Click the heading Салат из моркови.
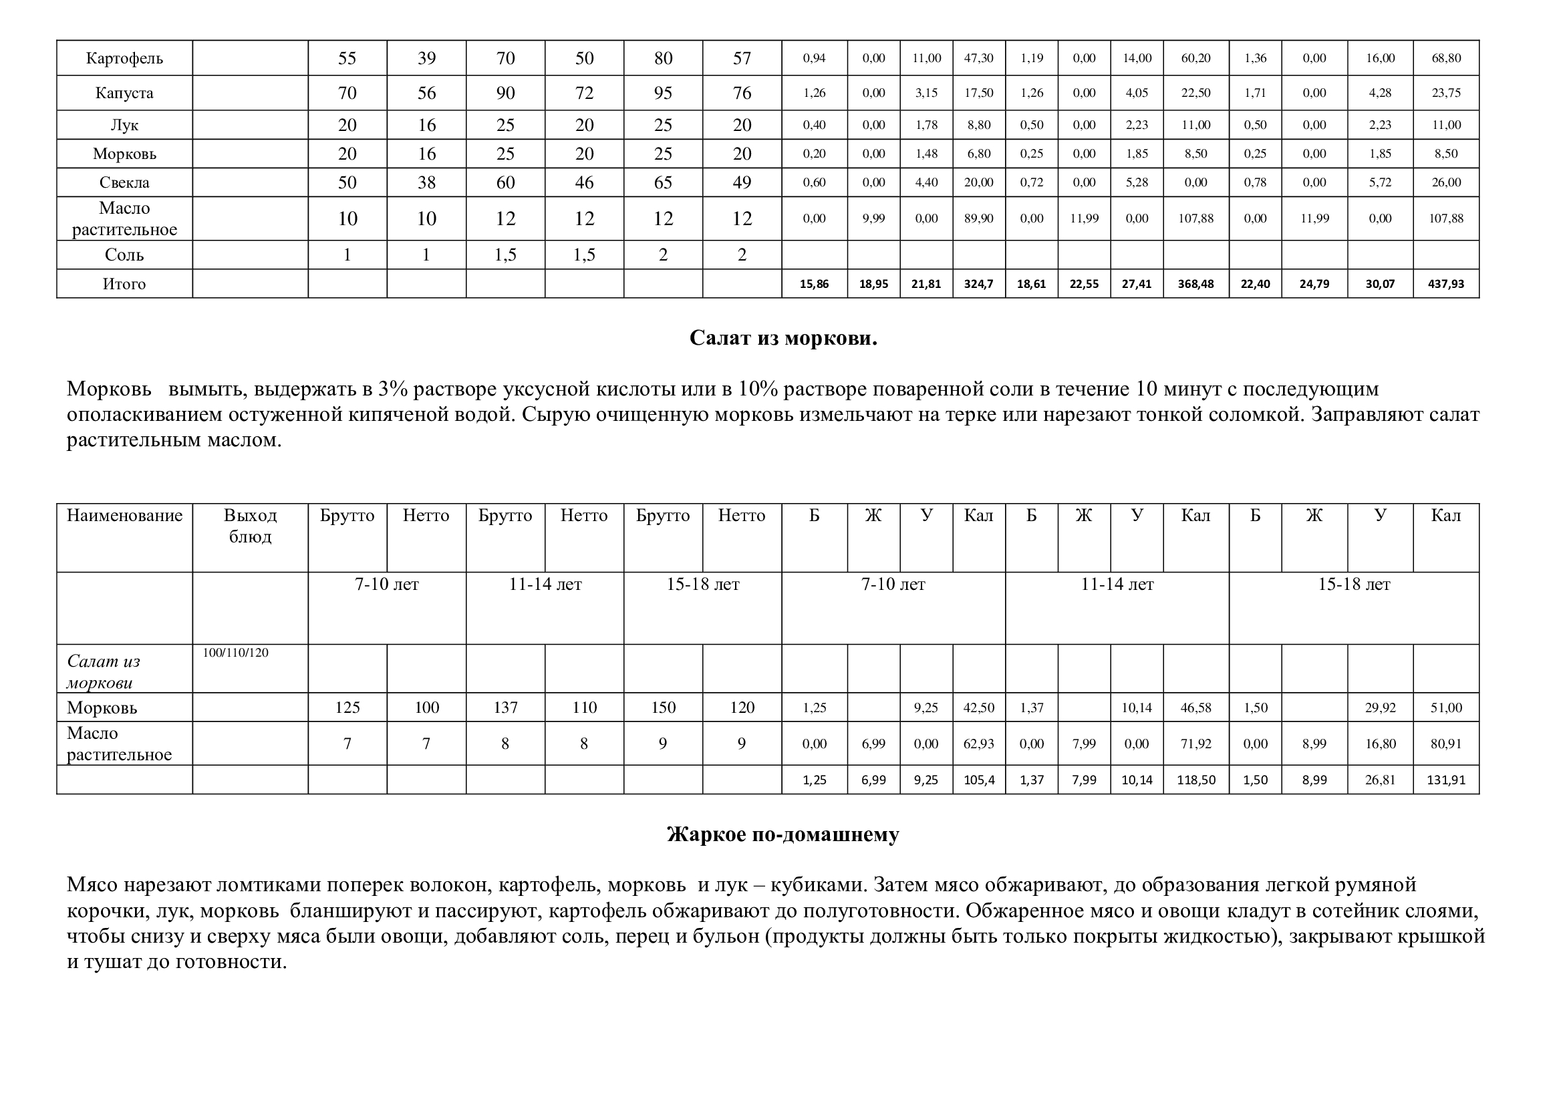(x=783, y=338)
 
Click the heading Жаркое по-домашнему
(x=783, y=834)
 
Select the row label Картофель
(x=124, y=58)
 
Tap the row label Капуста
(x=124, y=93)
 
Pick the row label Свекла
(x=124, y=182)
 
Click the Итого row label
(x=124, y=284)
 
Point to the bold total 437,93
(x=1446, y=284)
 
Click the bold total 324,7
(x=978, y=284)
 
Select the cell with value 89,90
(x=978, y=218)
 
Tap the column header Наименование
(x=124, y=516)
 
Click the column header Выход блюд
(x=250, y=526)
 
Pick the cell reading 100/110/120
(x=235, y=653)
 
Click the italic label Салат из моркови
(x=104, y=671)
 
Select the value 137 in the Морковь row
(x=505, y=707)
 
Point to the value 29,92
(x=1380, y=707)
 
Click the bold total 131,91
(x=1446, y=780)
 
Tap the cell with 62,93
(x=978, y=744)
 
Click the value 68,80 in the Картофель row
(x=1446, y=58)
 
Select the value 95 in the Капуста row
(x=663, y=93)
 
